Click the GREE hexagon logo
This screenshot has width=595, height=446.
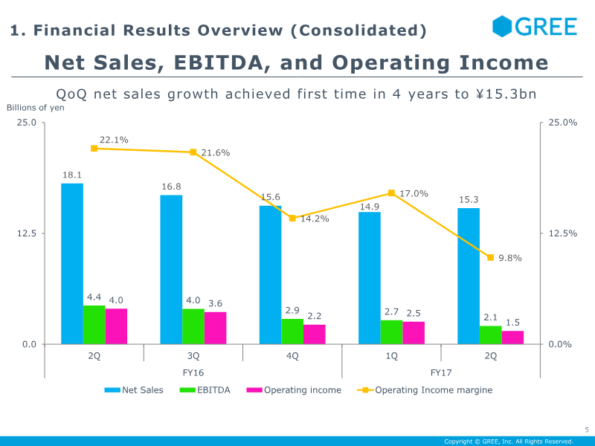501,27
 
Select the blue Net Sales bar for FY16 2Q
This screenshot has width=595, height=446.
72,264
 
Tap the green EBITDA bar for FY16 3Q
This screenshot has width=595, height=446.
193,326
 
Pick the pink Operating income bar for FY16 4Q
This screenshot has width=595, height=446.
314,334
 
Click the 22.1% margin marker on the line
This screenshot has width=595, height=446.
94,148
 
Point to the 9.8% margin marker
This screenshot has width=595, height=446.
491,257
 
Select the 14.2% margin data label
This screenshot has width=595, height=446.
315,219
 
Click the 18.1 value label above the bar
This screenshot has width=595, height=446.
72,175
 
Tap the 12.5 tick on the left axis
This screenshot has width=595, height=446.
27,233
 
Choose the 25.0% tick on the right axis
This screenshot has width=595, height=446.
563,123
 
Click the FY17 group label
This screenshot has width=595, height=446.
441,372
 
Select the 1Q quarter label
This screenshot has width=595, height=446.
392,356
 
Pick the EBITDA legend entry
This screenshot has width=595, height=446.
205,390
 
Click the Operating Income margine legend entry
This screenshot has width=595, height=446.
425,390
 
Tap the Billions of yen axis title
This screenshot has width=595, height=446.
35,108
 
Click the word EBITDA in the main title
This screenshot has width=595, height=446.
218,62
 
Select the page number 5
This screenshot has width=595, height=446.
587,430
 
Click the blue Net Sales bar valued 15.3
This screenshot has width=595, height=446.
469,276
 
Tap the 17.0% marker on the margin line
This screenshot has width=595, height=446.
392,193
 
